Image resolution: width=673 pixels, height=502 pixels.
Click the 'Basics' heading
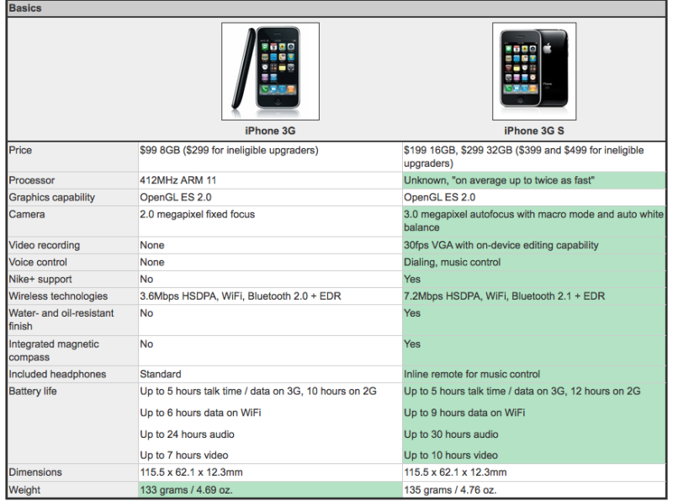click(x=25, y=8)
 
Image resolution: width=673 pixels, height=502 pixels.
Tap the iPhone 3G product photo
click(x=270, y=72)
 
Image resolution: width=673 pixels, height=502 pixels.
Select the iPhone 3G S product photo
click(x=534, y=72)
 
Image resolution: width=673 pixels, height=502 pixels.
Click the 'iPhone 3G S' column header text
click(x=534, y=131)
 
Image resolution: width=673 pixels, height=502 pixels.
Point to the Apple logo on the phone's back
click(x=548, y=48)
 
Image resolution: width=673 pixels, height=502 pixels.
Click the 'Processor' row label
click(x=32, y=180)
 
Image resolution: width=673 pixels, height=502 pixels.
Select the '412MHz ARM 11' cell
click(x=178, y=180)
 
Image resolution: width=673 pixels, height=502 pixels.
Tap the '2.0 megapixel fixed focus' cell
click(x=198, y=215)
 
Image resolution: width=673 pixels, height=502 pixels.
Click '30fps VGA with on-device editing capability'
click(x=501, y=245)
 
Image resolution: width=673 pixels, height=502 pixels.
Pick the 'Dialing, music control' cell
click(x=452, y=262)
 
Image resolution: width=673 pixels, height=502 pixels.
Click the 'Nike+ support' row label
click(x=40, y=280)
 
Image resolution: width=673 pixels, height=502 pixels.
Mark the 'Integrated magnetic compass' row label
click(x=54, y=350)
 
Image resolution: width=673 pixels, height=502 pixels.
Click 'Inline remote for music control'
click(x=472, y=374)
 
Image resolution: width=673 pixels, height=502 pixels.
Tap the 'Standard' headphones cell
click(x=161, y=374)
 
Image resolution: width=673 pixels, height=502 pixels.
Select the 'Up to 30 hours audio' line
click(x=451, y=435)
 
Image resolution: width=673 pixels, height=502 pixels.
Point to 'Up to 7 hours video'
click(x=184, y=455)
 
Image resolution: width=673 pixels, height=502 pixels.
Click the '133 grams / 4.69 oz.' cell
click(x=186, y=490)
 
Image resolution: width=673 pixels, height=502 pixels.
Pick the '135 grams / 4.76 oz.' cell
click(x=450, y=490)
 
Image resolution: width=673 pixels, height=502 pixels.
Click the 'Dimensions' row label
click(x=35, y=473)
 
